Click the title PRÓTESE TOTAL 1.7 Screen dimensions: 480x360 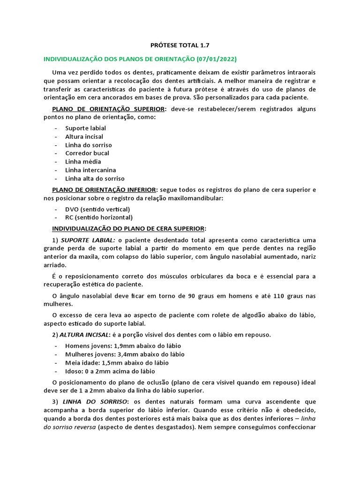pos(180,45)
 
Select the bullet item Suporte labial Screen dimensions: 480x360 pos(86,128)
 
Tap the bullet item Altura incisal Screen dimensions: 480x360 pos(84,136)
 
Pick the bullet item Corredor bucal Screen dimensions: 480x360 pos(87,153)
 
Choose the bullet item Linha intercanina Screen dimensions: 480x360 pos(91,170)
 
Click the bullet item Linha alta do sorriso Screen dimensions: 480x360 pos(95,179)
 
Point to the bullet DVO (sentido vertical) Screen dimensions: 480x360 pos(98,209)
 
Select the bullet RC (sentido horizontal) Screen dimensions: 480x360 pos(99,217)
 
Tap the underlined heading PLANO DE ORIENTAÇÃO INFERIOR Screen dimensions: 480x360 pos(105,190)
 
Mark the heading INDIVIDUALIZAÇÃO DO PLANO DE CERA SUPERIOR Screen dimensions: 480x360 pos(128,229)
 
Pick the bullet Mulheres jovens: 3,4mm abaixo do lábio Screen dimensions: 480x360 pos(125,354)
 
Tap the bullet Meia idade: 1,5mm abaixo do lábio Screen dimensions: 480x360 pos(117,363)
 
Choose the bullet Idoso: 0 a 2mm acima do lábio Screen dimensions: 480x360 pos(110,371)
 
